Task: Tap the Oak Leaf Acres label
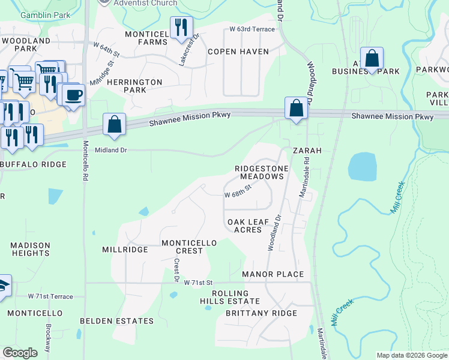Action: (x=248, y=226)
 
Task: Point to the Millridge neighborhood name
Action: (x=125, y=250)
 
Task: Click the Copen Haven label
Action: (x=238, y=52)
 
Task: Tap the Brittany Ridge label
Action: (x=261, y=314)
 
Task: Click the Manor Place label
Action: (x=273, y=275)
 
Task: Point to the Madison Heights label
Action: (x=30, y=249)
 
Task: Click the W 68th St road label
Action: (x=237, y=195)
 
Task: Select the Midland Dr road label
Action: (x=107, y=151)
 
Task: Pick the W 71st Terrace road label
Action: (x=50, y=296)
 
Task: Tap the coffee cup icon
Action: (x=73, y=94)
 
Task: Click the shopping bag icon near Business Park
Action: (x=372, y=59)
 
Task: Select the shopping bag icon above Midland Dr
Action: (x=114, y=124)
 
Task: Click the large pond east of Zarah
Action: (x=362, y=166)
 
